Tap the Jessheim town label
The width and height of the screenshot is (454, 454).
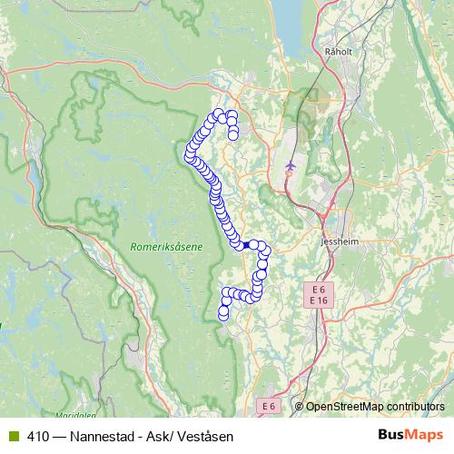pos(341,243)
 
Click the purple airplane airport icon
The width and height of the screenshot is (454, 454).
pos(291,166)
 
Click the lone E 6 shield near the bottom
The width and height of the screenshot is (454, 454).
pos(270,406)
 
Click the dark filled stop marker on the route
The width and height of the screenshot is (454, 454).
pos(246,244)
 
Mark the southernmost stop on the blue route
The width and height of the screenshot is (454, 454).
pos(223,315)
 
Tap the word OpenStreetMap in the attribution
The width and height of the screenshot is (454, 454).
pos(342,406)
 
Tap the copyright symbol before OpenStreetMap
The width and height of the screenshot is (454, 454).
pos(299,406)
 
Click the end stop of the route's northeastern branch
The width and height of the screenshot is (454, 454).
pos(233,135)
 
